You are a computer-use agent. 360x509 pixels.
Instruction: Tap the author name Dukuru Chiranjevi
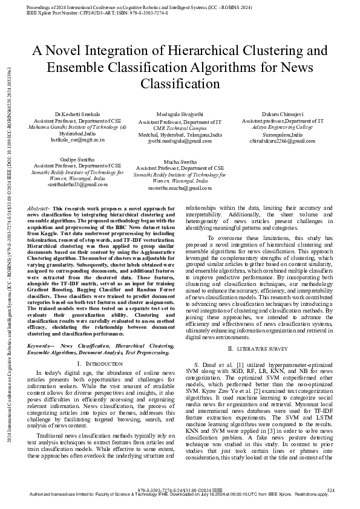pyautogui.click(x=283, y=114)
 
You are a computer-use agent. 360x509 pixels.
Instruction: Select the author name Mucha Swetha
pyautogui.click(x=180, y=162)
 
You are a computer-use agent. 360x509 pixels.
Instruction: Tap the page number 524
pyautogui.click(x=331, y=489)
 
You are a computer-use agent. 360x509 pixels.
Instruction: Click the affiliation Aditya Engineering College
pyautogui.click(x=283, y=127)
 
